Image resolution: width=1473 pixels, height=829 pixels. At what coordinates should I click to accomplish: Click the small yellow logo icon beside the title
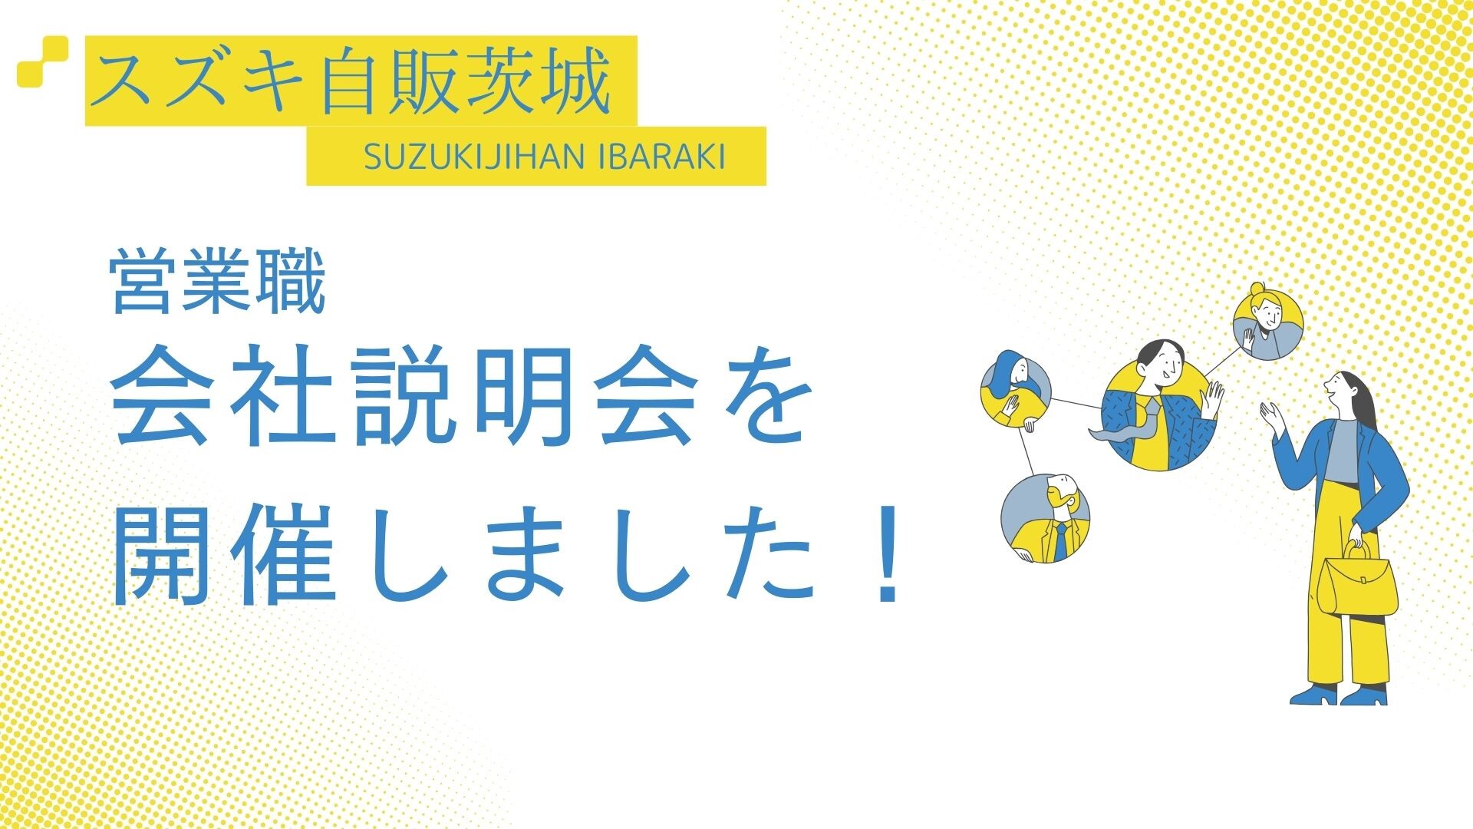(42, 61)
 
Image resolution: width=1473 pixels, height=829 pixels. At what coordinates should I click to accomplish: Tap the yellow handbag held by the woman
(1356, 580)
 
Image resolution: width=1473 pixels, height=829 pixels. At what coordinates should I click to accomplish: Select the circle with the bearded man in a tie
(1045, 518)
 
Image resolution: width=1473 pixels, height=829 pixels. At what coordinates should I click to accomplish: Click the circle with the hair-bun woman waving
(1268, 325)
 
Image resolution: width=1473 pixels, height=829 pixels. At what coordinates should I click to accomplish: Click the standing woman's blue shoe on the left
(1314, 695)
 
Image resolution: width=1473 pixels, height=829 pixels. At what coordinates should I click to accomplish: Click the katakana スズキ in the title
(203, 81)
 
